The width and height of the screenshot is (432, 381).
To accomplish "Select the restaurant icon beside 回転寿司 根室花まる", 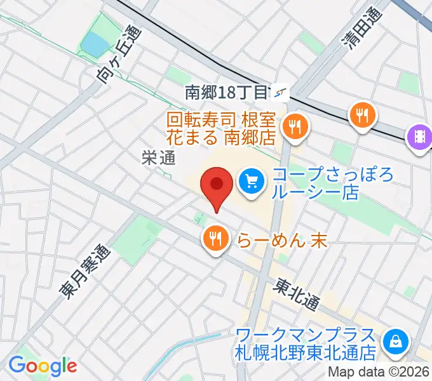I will click(x=295, y=126).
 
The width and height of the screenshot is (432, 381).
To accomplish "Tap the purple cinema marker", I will click(x=420, y=137).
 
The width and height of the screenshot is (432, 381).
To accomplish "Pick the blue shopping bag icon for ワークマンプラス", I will click(x=396, y=341).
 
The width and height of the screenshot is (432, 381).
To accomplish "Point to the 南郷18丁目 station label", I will click(x=226, y=93).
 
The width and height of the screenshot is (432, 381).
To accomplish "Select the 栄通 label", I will click(x=158, y=158).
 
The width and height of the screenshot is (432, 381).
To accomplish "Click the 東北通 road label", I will click(x=296, y=295).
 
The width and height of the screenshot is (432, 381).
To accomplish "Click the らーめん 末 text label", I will click(x=273, y=239).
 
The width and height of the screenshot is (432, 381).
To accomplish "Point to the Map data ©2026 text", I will click(x=379, y=373).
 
